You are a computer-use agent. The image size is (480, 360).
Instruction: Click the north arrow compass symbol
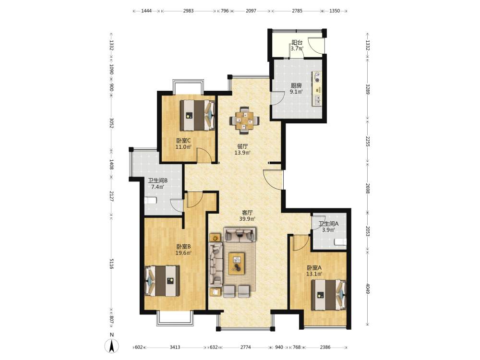coord(112,346)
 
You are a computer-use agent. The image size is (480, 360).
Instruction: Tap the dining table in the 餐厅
coord(244,120)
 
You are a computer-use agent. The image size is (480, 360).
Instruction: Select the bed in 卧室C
coord(197,115)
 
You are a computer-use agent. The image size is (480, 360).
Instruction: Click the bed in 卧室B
coord(162,281)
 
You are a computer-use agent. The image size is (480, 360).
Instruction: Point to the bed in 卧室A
coord(329,295)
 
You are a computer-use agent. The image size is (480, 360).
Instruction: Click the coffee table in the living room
coord(236,264)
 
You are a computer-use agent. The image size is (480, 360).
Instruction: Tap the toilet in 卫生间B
coord(150,201)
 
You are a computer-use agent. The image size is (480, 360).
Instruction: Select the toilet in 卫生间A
coord(340,242)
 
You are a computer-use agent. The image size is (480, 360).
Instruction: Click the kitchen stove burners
coord(317,77)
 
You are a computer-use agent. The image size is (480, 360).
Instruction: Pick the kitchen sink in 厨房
coord(317,100)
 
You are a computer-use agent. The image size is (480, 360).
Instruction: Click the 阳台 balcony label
coord(297,43)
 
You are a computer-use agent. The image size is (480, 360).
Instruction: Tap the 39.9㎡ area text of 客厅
coord(247,219)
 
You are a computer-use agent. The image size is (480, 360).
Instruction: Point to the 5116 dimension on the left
coord(111,264)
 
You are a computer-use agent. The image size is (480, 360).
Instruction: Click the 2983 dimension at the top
coord(188,11)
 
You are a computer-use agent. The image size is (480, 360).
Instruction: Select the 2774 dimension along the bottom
coord(245,347)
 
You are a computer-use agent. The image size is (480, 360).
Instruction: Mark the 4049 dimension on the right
coord(368,288)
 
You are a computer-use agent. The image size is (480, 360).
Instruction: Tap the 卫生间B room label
coord(157,180)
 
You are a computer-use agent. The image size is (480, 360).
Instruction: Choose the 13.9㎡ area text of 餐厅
coord(242,153)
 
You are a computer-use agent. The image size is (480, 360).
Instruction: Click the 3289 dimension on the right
coord(368,89)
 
